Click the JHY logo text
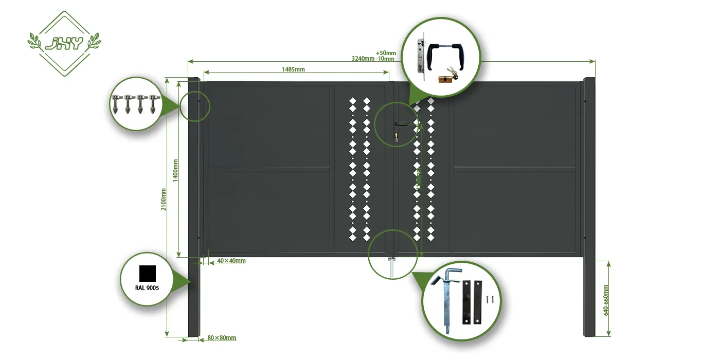click(64, 44)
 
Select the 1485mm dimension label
click(293, 69)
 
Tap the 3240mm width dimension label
click(363, 59)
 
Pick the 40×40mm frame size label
click(231, 261)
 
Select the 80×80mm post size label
click(222, 338)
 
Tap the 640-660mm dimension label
click(605, 300)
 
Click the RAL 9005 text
click(147, 288)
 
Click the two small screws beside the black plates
click(491, 298)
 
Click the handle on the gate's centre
click(402, 124)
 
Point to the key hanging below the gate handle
click(396, 137)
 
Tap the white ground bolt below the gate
click(392, 268)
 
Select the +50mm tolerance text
click(386, 53)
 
